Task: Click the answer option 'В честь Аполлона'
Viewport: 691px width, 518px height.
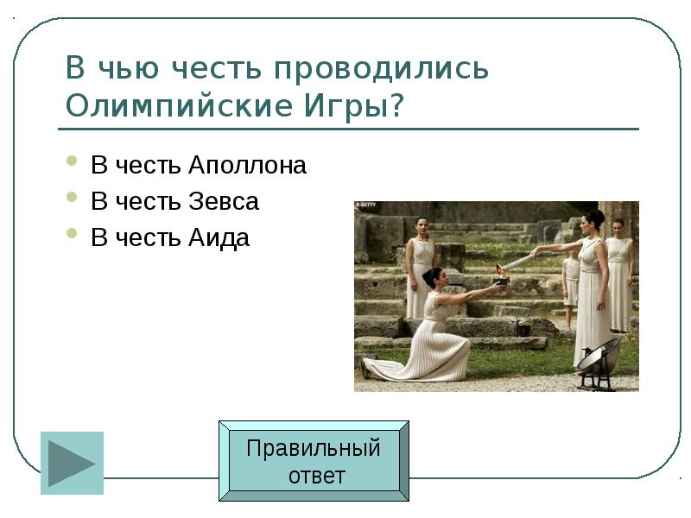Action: (x=199, y=165)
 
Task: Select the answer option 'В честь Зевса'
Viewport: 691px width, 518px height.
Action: (x=174, y=202)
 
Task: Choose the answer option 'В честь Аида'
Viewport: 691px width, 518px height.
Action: (x=170, y=238)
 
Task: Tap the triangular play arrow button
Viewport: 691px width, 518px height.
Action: (x=72, y=463)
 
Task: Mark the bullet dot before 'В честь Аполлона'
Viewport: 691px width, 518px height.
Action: (x=73, y=162)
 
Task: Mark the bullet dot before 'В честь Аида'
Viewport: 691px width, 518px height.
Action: (x=73, y=235)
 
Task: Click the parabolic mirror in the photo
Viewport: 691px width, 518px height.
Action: (x=598, y=357)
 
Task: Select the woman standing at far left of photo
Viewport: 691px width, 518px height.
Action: (x=421, y=263)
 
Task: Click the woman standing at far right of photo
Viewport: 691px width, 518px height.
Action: (x=618, y=276)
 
